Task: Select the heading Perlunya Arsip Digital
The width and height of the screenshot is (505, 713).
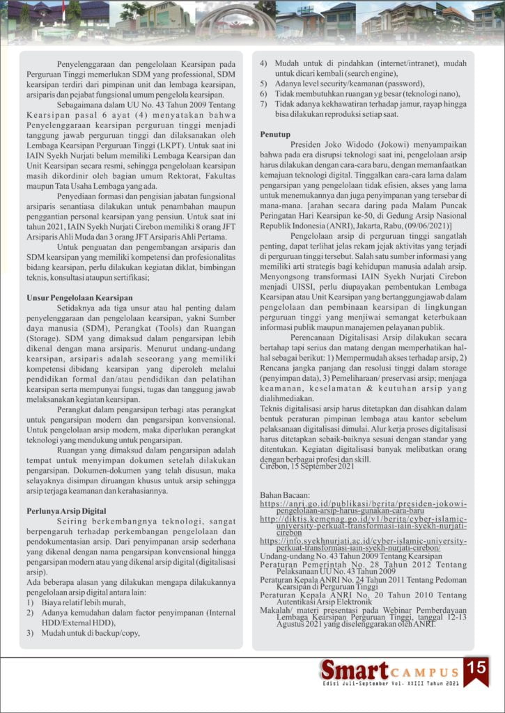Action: pyautogui.click(x=67, y=510)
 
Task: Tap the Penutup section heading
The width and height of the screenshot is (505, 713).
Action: pyautogui.click(x=276, y=133)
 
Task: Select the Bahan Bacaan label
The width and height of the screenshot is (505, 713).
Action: pyautogui.click(x=284, y=494)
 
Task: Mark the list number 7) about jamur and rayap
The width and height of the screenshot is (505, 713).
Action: pyautogui.click(x=264, y=104)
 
